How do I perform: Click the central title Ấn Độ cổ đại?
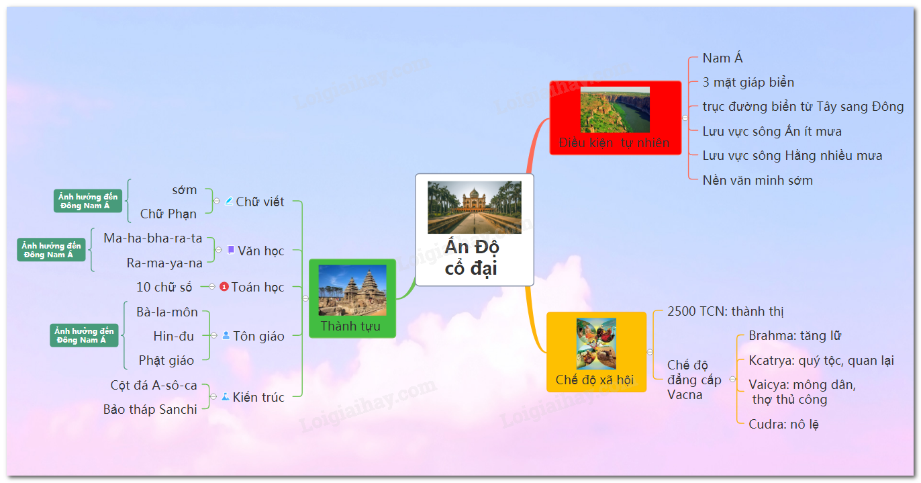pyautogui.click(x=472, y=258)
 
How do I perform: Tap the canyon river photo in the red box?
pyautogui.click(x=615, y=109)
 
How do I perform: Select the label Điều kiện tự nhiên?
pyautogui.click(x=614, y=143)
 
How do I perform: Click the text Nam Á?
pyautogui.click(x=722, y=58)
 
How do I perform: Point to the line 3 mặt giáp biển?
pyautogui.click(x=748, y=82)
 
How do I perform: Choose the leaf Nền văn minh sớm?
pyautogui.click(x=757, y=180)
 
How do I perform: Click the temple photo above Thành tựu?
pyautogui.click(x=352, y=290)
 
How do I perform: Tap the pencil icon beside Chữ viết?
pyautogui.click(x=229, y=201)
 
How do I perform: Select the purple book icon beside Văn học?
pyautogui.click(x=231, y=250)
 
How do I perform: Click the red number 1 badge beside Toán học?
pyautogui.click(x=224, y=286)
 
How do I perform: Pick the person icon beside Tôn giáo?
pyautogui.click(x=226, y=335)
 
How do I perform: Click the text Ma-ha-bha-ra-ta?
pyautogui.click(x=152, y=238)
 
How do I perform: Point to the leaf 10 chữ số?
pyautogui.click(x=164, y=287)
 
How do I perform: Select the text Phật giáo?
pyautogui.click(x=166, y=360)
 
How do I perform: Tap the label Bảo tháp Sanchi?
pyautogui.click(x=150, y=409)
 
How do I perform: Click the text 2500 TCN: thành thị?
pyautogui.click(x=725, y=312)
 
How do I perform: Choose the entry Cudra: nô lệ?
pyautogui.click(x=783, y=424)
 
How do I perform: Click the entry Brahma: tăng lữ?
pyautogui.click(x=795, y=336)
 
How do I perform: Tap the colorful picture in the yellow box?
pyautogui.click(x=596, y=343)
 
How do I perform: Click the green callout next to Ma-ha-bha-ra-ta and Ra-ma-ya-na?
pyautogui.click(x=52, y=250)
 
